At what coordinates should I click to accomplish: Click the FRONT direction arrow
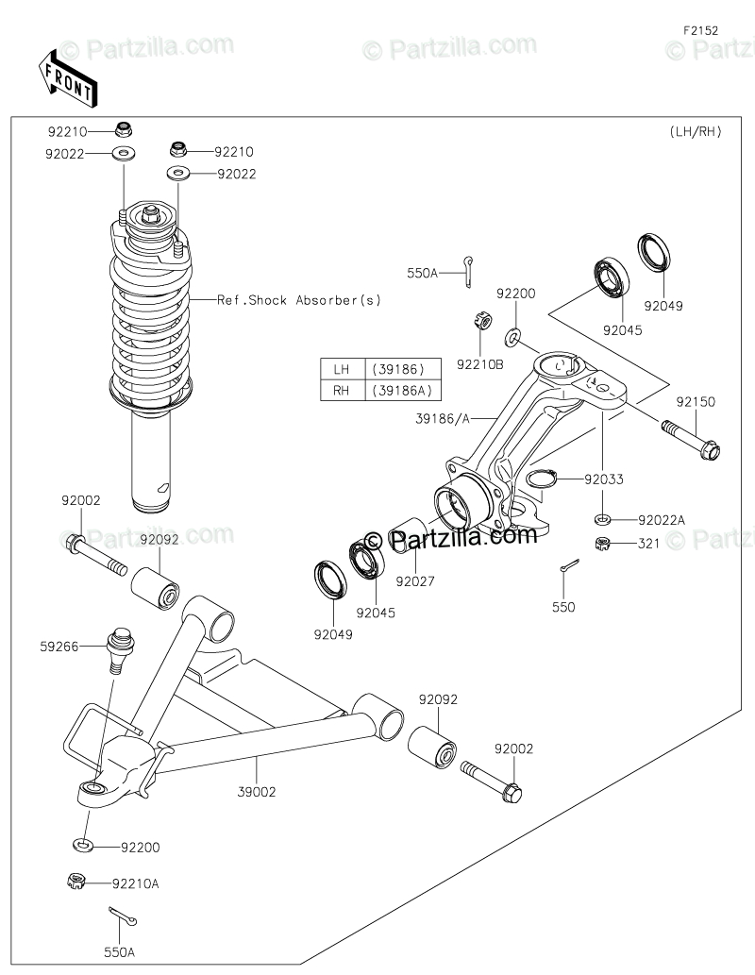pos(65,78)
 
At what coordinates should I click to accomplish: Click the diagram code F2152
pos(701,30)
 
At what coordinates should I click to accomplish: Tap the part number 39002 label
pos(258,792)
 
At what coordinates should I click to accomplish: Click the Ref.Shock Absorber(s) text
pos(299,300)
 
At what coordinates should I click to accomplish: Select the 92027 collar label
pos(415,581)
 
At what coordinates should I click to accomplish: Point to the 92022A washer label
pos(662,519)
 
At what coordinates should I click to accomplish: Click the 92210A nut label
pos(136,883)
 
